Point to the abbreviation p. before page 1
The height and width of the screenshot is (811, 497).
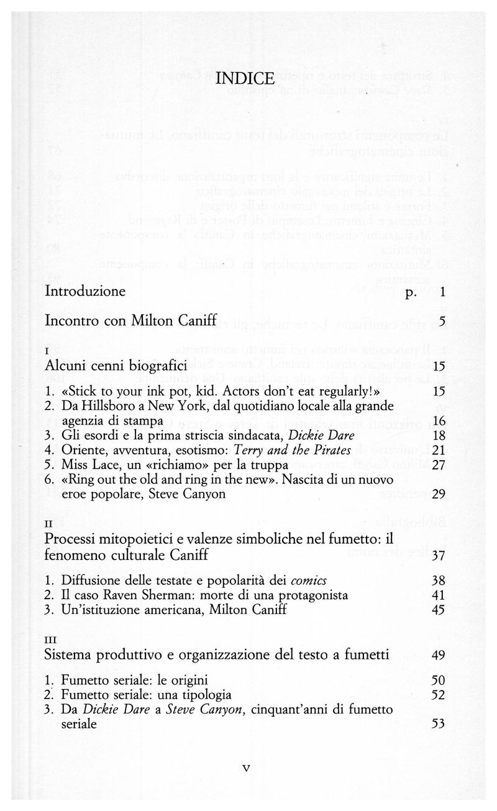point(411,292)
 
